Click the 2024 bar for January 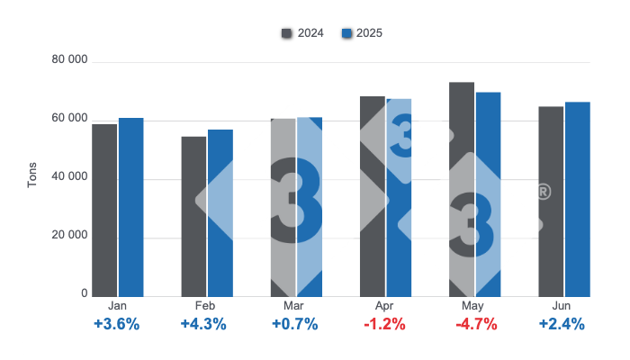(104, 210)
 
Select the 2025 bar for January (131, 207)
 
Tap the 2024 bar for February (193, 216)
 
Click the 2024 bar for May (462, 189)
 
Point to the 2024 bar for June (551, 202)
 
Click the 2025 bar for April (399, 197)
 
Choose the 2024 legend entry (302, 33)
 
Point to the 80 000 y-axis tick (70, 60)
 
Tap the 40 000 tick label (70, 177)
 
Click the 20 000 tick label (70, 236)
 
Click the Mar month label (296, 306)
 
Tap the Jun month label (563, 306)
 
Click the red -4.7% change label (474, 324)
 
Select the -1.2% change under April (385, 324)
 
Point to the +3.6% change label (117, 324)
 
